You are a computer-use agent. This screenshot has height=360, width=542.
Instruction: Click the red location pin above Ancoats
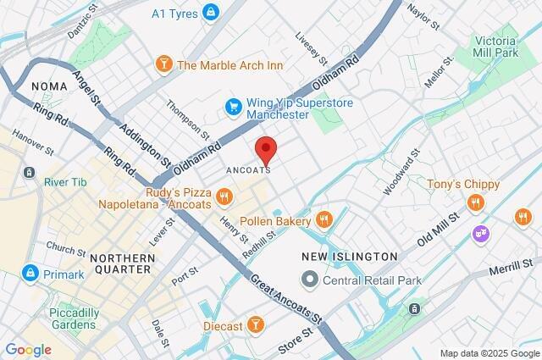267,148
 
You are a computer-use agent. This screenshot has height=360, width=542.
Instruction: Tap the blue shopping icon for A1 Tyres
211,13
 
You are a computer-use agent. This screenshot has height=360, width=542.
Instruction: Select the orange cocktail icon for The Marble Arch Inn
163,64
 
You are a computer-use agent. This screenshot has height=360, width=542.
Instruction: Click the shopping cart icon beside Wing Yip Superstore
233,107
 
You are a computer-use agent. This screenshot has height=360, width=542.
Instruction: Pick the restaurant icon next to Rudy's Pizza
224,197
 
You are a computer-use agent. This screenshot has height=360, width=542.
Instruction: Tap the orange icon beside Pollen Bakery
323,220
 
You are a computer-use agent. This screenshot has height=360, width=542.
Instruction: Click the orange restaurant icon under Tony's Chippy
476,202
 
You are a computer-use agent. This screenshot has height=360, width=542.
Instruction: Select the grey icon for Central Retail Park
310,279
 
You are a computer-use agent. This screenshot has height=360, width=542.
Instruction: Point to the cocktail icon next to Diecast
254,325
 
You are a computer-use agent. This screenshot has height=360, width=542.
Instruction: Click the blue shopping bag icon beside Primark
30,274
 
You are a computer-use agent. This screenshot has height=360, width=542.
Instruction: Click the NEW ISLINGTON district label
349,256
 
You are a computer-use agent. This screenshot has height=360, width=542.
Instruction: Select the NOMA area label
48,86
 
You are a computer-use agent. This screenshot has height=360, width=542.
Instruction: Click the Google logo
28,349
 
